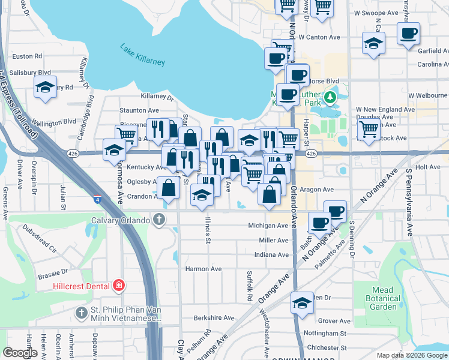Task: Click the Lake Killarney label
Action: pos(142,55)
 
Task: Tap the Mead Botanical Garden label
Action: pos(382,298)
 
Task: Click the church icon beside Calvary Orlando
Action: pos(159,219)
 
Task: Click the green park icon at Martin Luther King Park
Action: pos(329,97)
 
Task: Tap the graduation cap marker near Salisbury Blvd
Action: pos(45,88)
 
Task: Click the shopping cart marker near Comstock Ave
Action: pos(369,128)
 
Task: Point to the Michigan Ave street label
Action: pos(268,226)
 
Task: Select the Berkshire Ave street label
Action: pos(213,317)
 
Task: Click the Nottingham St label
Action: pos(327,333)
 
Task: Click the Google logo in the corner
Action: pos(20,353)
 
